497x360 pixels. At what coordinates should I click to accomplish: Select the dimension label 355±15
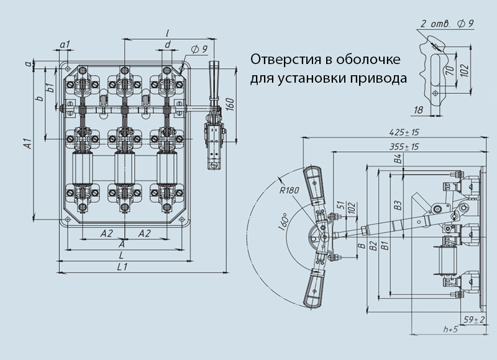403,146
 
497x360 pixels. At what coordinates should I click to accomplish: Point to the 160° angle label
285,223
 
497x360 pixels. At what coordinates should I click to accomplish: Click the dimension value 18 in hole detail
417,109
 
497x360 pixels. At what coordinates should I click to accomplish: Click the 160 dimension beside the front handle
229,104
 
